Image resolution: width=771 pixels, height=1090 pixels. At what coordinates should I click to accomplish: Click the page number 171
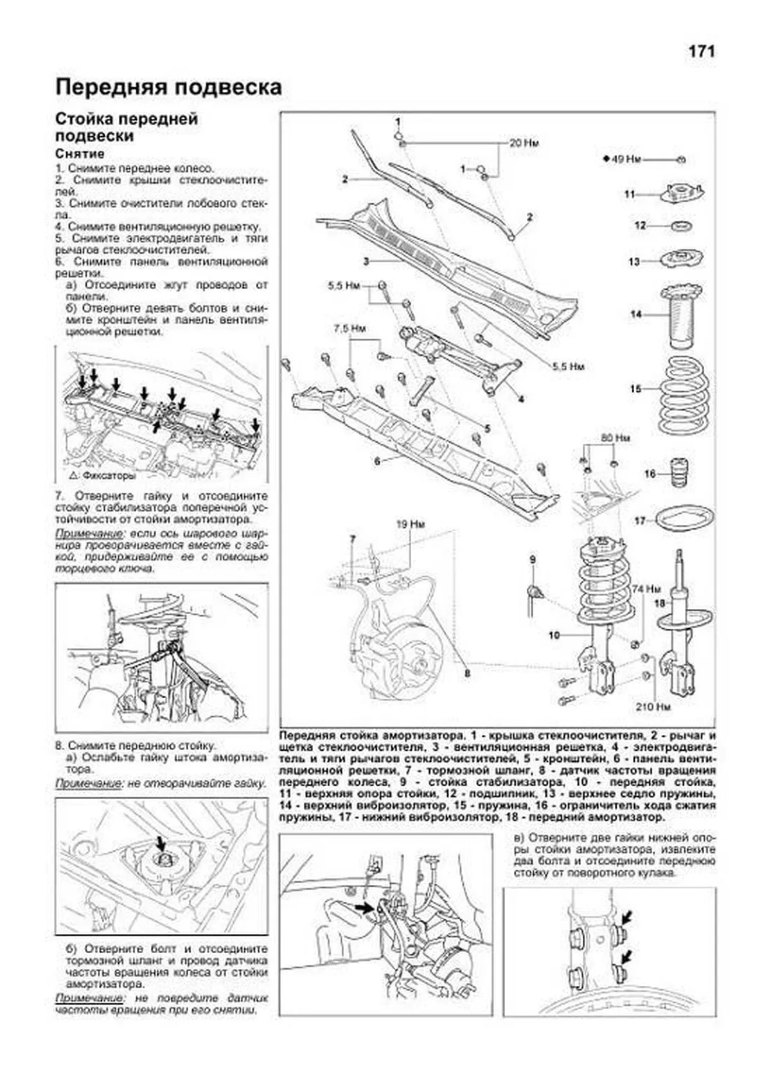click(x=702, y=51)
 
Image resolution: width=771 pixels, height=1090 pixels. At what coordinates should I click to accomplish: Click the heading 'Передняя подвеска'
click(x=168, y=87)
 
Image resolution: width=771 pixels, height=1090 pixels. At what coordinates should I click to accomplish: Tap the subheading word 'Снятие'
click(x=80, y=154)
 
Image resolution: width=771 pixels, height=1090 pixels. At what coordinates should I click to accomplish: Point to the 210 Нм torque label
click(x=653, y=707)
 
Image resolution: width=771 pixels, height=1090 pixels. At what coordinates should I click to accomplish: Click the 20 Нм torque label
click(x=524, y=143)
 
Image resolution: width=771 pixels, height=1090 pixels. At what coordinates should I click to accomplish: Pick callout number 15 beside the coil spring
click(x=635, y=389)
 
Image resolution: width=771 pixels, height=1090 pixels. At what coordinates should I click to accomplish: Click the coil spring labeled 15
click(x=684, y=397)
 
